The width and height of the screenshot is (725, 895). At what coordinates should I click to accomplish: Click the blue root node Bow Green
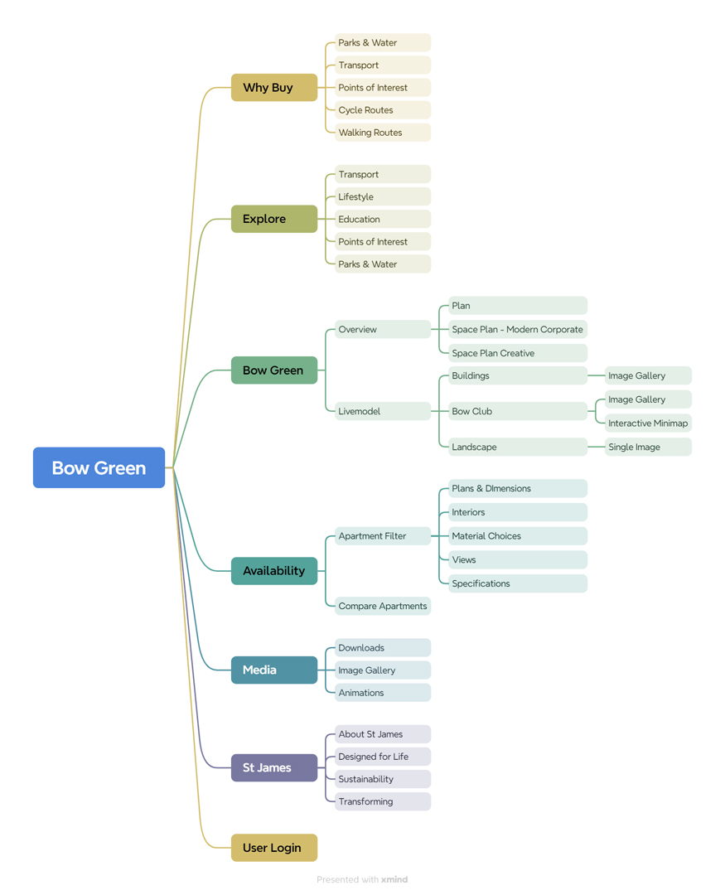[x=99, y=467]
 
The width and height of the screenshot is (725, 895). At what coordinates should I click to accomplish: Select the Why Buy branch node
[x=274, y=87]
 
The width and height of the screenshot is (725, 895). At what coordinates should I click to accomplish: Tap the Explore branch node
[x=274, y=219]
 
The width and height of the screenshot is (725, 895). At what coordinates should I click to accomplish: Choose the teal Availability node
[x=274, y=571]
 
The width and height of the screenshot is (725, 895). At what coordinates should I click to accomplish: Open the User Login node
[x=274, y=848]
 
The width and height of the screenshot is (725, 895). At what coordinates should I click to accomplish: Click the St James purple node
[x=274, y=767]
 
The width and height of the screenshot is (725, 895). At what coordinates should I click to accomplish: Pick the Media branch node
[x=274, y=670]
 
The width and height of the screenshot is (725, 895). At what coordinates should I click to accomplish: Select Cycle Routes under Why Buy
[x=383, y=110]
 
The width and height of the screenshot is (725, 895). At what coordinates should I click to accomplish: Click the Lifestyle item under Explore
[x=383, y=196]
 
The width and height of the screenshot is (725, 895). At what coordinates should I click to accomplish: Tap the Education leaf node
[x=383, y=219]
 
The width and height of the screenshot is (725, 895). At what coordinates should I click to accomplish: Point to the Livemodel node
[x=383, y=411]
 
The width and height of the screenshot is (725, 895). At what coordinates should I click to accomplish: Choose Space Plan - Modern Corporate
[x=518, y=329]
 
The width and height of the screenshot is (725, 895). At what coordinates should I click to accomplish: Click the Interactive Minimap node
[x=648, y=423]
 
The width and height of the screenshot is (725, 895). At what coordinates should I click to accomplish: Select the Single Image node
[x=648, y=447]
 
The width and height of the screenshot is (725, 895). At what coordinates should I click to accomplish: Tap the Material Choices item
[x=518, y=536]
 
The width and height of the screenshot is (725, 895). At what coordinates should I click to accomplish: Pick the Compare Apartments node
[x=383, y=606]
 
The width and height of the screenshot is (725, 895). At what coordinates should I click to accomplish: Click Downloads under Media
[x=383, y=648]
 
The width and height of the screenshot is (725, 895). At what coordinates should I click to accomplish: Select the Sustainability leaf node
[x=383, y=779]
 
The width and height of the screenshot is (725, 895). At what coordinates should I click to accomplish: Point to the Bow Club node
[x=518, y=411]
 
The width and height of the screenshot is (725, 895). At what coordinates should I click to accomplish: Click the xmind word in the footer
[x=394, y=879]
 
